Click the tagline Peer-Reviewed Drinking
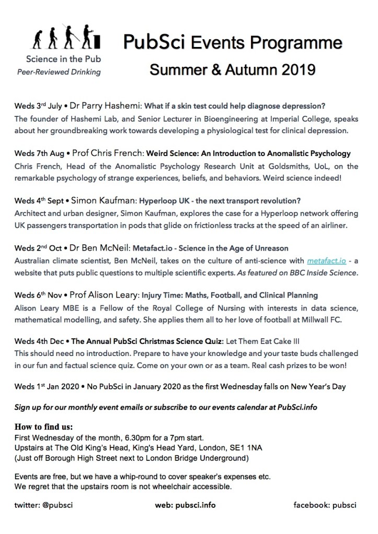(x=59, y=72)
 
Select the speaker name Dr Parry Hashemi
(x=107, y=105)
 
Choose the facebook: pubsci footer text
(x=325, y=505)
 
